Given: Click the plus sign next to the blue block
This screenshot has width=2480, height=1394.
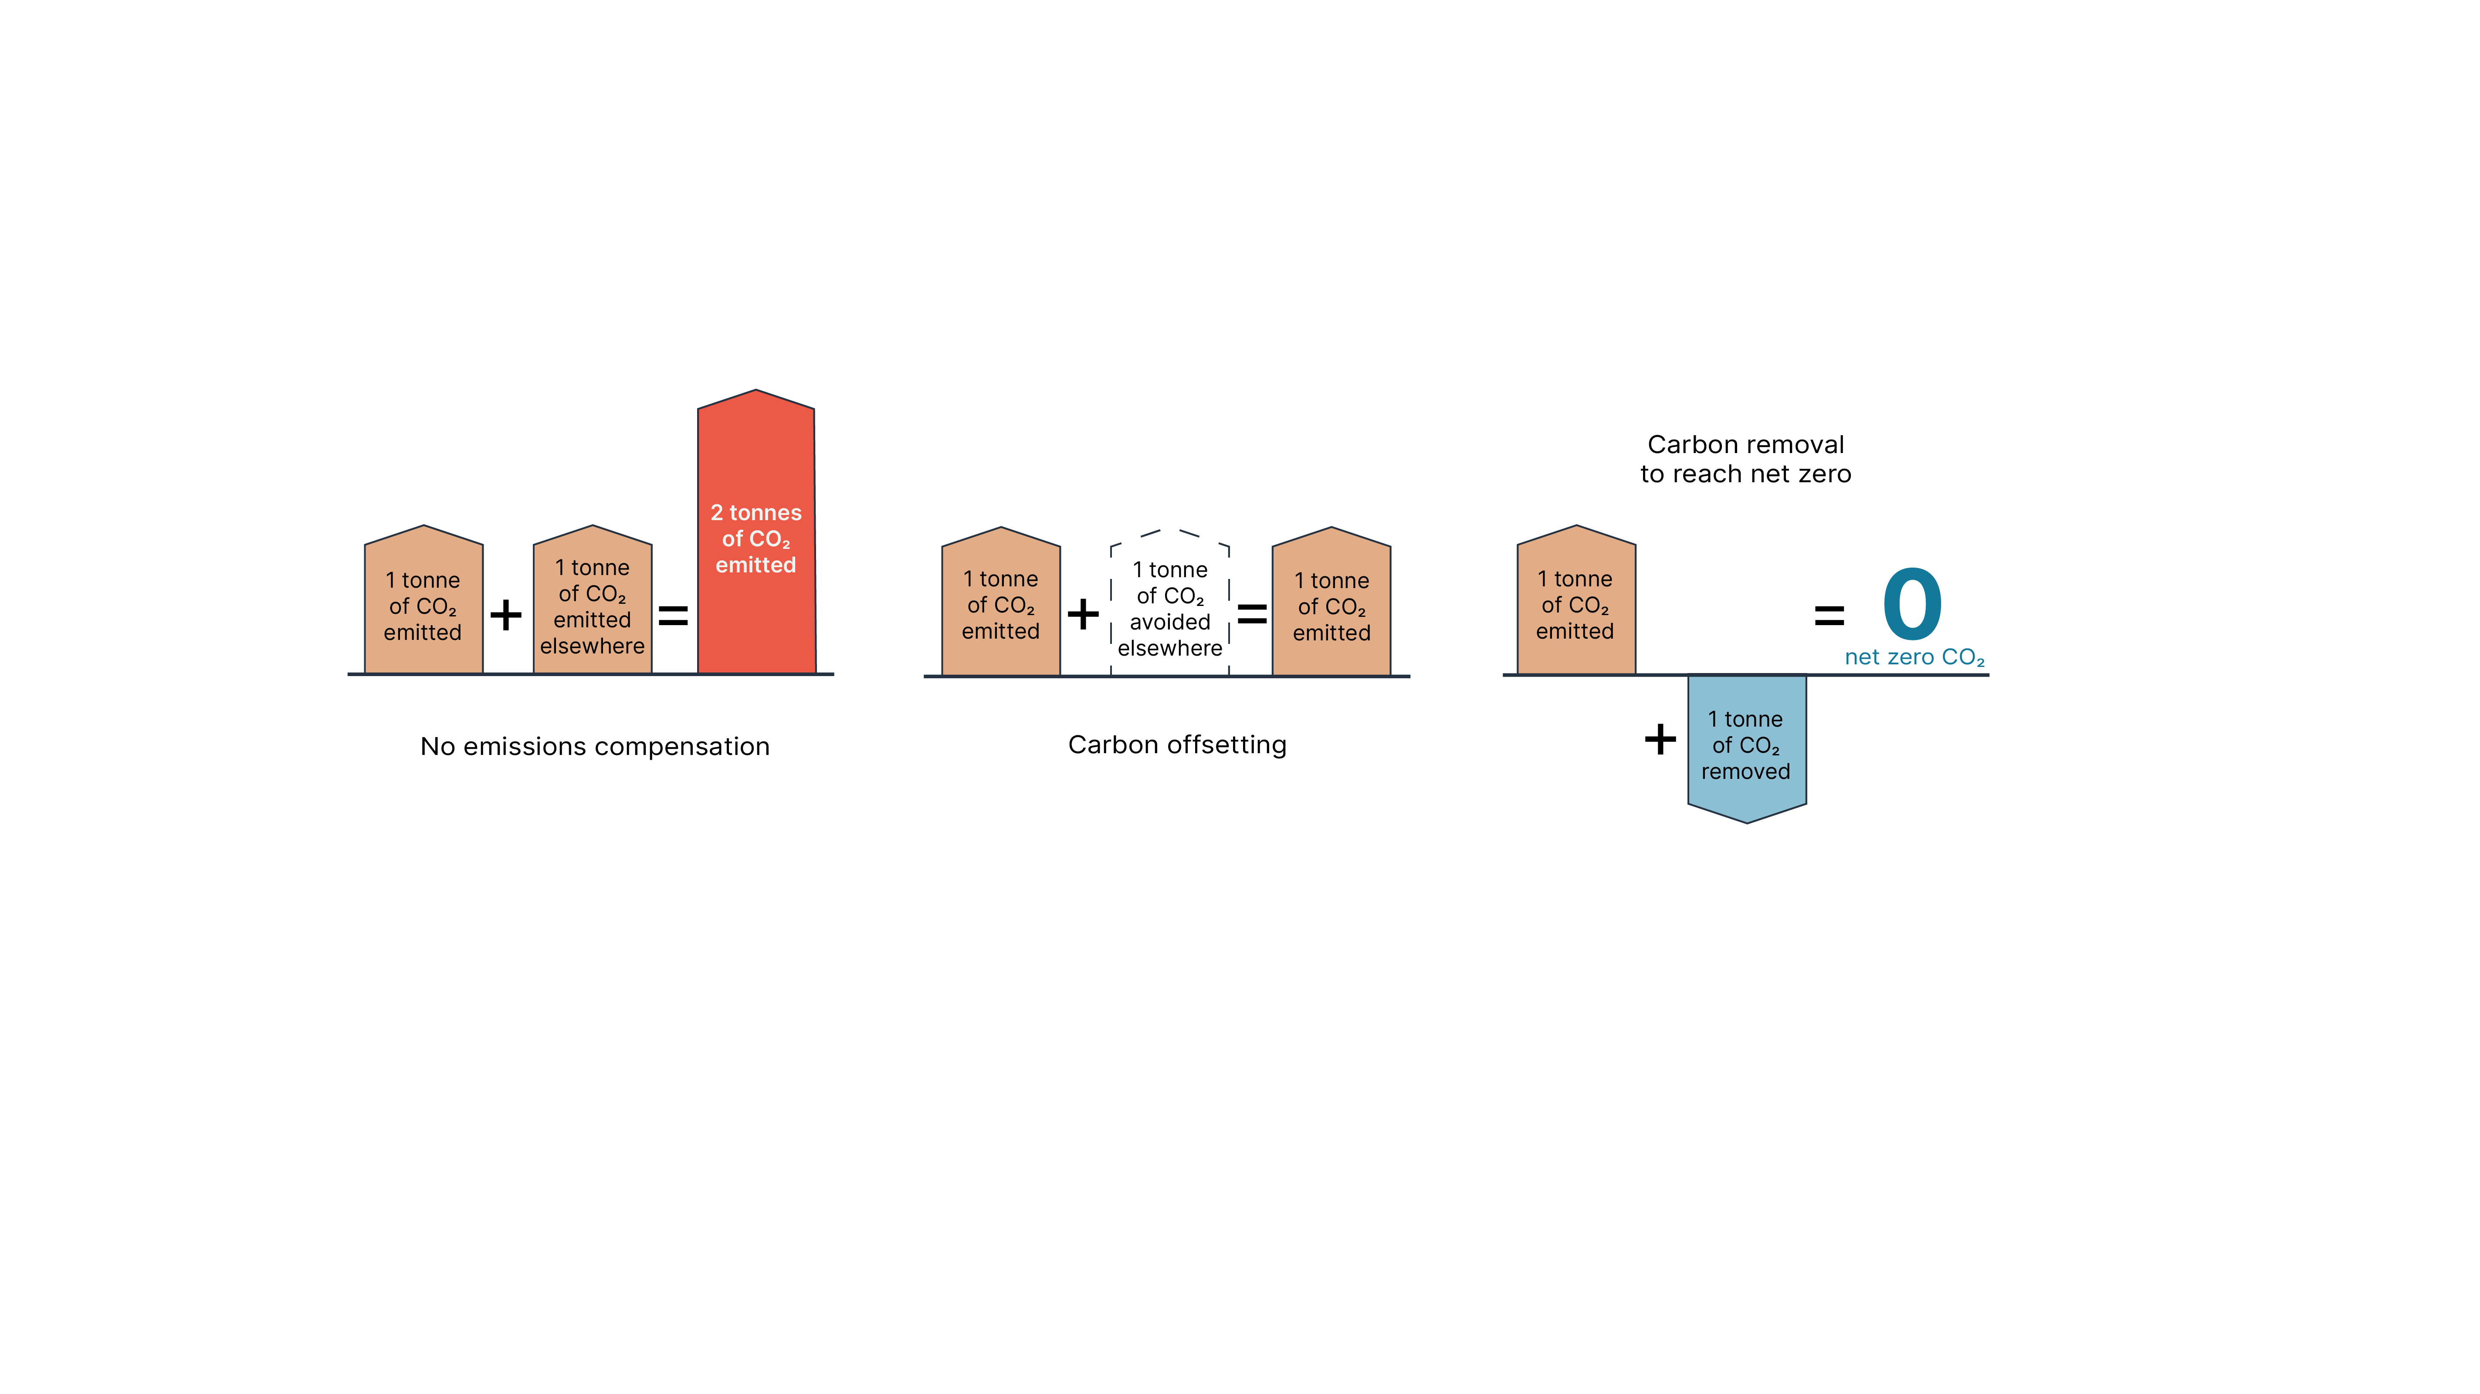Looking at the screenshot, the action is (1660, 739).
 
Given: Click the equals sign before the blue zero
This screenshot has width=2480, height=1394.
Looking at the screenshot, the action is (1829, 615).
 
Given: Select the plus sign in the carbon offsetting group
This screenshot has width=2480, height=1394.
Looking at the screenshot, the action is (1083, 613).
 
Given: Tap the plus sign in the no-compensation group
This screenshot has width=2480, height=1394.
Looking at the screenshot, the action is (505, 614).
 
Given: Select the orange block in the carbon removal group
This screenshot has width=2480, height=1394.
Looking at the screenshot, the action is (1576, 600).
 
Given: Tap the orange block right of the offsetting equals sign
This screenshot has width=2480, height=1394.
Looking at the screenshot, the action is (1331, 602).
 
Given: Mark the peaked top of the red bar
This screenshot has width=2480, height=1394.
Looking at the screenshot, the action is (757, 390).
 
